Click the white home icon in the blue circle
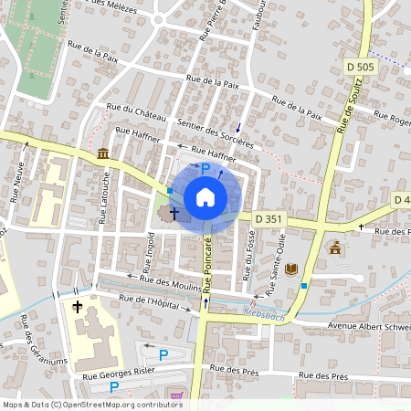coord(205,197)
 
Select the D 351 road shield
coord(270,218)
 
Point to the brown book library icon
coord(291,269)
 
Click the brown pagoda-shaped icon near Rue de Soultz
coord(335,247)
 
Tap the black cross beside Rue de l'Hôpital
coord(79,307)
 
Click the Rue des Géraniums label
coord(42,340)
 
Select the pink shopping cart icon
coord(176,396)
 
